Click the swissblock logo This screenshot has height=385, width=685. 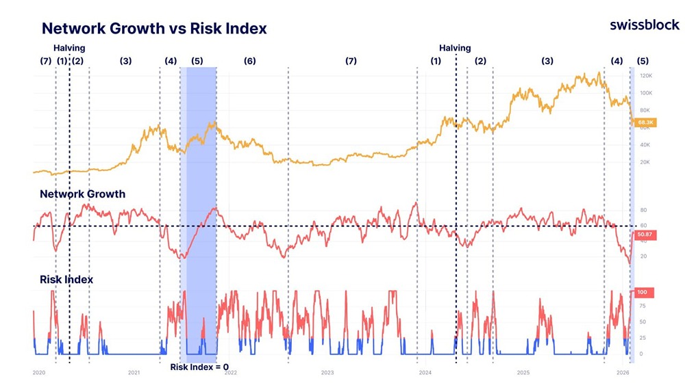pyautogui.click(x=645, y=25)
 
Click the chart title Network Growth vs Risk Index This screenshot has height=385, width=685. pyautogui.click(x=154, y=29)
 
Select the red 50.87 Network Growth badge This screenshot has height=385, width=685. pyautogui.click(x=644, y=234)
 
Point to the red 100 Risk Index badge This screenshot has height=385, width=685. pyautogui.click(x=643, y=292)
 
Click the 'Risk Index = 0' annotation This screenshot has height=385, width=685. pyautogui.click(x=199, y=367)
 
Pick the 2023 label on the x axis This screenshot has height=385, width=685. pyautogui.click(x=327, y=373)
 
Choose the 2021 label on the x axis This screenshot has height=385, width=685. pyautogui.click(x=134, y=373)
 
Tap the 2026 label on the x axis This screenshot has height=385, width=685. pyautogui.click(x=623, y=373)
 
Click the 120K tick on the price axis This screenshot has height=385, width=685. pyautogui.click(x=645, y=76)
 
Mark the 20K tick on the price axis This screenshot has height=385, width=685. pyautogui.click(x=644, y=163)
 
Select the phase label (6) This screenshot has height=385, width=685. pyautogui.click(x=250, y=61)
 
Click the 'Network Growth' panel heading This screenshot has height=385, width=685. pyautogui.click(x=82, y=194)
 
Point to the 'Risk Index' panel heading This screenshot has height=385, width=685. pyautogui.click(x=66, y=280)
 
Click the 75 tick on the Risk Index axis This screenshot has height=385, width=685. pyautogui.click(x=643, y=306)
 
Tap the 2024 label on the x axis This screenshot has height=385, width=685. pyautogui.click(x=425, y=373)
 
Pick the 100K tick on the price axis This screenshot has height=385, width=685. pyautogui.click(x=645, y=93)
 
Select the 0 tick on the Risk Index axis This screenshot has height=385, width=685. pyautogui.click(x=641, y=354)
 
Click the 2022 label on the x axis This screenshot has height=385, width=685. pyautogui.click(x=231, y=373)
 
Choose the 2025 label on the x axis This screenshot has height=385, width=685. pyautogui.click(x=523, y=373)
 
